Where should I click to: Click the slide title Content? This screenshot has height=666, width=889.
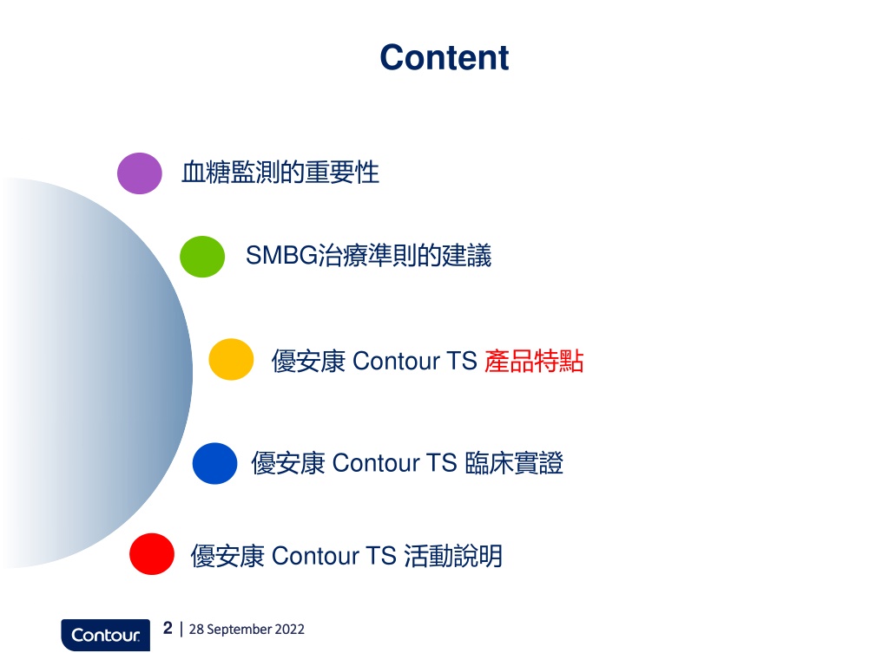pos(444,58)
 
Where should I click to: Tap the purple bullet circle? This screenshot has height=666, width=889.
pos(140,173)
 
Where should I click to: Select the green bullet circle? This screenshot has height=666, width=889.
pos(202,257)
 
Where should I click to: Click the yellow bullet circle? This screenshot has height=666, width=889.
pos(231,359)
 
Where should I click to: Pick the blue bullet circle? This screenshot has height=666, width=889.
pos(215,463)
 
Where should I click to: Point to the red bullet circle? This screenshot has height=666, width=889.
pos(152,554)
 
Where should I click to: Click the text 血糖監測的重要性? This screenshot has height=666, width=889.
pos(280,173)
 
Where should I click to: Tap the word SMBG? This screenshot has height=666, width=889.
pos(281,256)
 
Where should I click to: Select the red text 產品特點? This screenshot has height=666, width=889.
pos(534,361)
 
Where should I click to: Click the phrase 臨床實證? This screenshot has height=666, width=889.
pos(514,463)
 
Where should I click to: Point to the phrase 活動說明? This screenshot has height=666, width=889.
pos(453,556)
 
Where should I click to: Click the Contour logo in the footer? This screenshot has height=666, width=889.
pos(105,635)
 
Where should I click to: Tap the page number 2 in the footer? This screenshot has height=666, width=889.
pos(168,628)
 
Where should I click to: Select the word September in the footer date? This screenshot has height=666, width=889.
pos(240,630)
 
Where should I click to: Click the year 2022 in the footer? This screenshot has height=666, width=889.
pos(290,630)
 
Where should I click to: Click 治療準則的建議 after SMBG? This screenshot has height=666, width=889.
pos(405,256)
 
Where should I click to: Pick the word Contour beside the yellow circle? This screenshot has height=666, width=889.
pos(396,361)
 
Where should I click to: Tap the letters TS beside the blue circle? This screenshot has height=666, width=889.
pos(442,463)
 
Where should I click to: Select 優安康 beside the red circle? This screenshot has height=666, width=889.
pos(227,556)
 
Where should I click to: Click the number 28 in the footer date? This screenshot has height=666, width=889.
pos(196,630)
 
